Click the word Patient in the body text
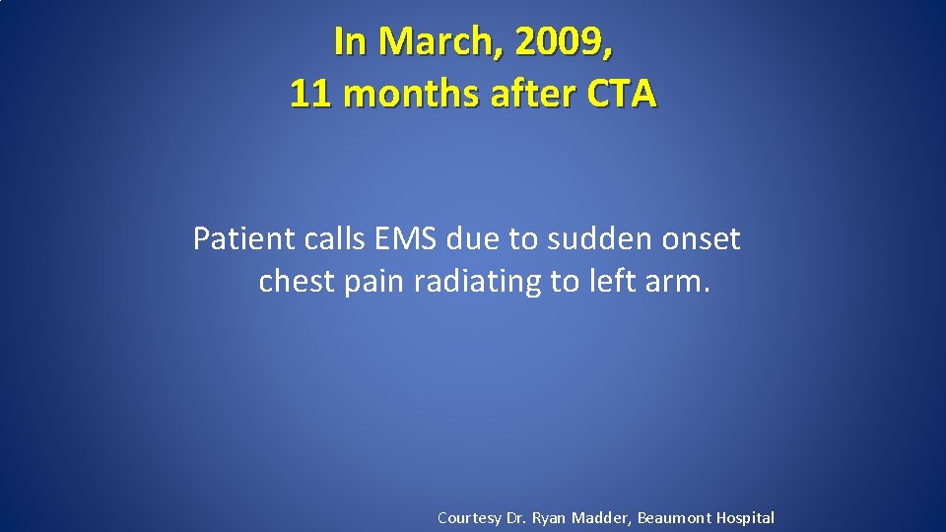tap(234, 238)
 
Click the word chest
tap(297, 282)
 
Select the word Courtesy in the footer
tap(469, 517)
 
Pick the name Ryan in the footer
tap(549, 517)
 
